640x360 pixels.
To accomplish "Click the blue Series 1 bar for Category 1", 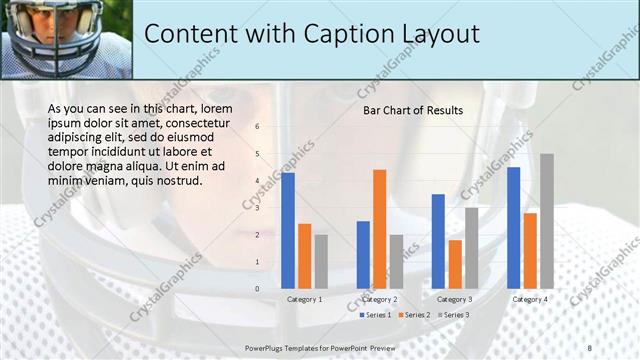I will (288, 231).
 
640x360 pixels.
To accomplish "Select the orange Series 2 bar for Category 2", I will (380, 229).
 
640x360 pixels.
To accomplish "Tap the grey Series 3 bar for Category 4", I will (547, 221).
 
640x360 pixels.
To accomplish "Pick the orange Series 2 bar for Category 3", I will (455, 264).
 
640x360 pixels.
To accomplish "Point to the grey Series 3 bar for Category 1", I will (321, 262).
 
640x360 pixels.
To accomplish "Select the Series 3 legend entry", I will (453, 315).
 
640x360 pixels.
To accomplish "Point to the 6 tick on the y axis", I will (257, 127).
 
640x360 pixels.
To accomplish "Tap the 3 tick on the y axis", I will (257, 208).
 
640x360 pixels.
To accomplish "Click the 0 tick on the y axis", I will (257, 289).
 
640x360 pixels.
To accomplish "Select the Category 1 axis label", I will (304, 299).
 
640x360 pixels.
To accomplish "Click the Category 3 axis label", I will (455, 299).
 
